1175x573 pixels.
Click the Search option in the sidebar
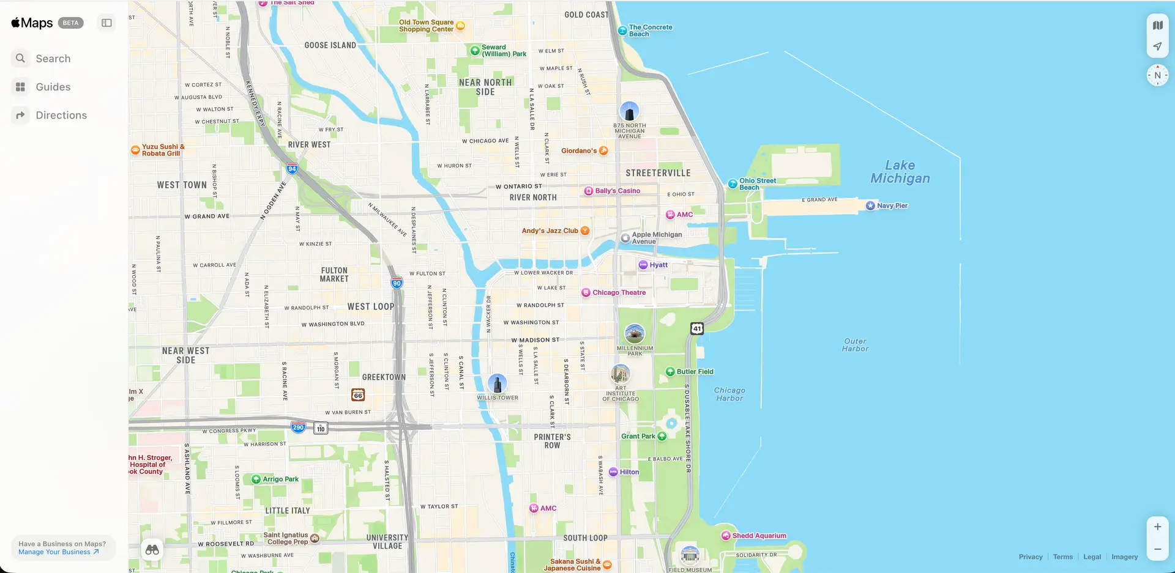coord(53,59)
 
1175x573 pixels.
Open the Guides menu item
coord(53,87)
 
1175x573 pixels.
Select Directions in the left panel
coord(61,115)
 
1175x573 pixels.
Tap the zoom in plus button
coord(1157,527)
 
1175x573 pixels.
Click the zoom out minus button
coord(1157,549)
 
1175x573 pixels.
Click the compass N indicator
coord(1157,75)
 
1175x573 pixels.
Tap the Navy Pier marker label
coord(892,205)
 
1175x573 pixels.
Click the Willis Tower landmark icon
coord(497,384)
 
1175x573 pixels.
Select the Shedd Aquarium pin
coord(726,536)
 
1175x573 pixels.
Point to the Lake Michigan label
coord(900,172)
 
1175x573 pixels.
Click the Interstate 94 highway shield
coord(292,169)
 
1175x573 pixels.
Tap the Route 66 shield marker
coord(358,395)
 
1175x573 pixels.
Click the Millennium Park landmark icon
coord(635,334)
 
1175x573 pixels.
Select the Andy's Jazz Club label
coord(550,231)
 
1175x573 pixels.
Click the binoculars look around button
coord(152,549)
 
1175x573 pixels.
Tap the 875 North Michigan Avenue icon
coord(629,112)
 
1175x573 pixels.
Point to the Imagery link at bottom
coord(1124,556)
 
